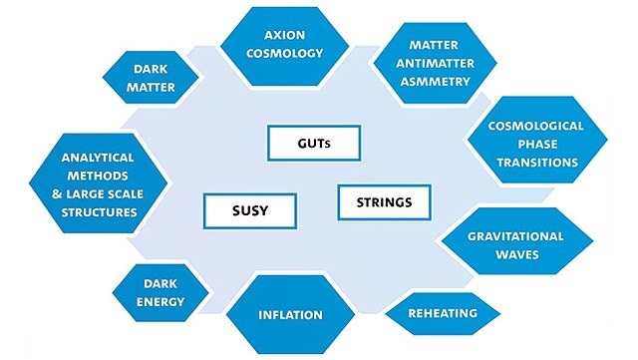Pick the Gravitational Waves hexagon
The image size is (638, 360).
pyautogui.click(x=515, y=245)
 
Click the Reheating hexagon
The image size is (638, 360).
pyautogui.click(x=443, y=313)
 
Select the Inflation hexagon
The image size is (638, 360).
pyautogui.click(x=290, y=315)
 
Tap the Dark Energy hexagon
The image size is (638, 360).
pyautogui.click(x=160, y=290)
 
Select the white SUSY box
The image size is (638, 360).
pyautogui.click(x=237, y=210)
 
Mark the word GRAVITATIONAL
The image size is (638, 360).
pyautogui.click(x=516, y=236)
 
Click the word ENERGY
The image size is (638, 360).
pyautogui.click(x=160, y=299)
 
